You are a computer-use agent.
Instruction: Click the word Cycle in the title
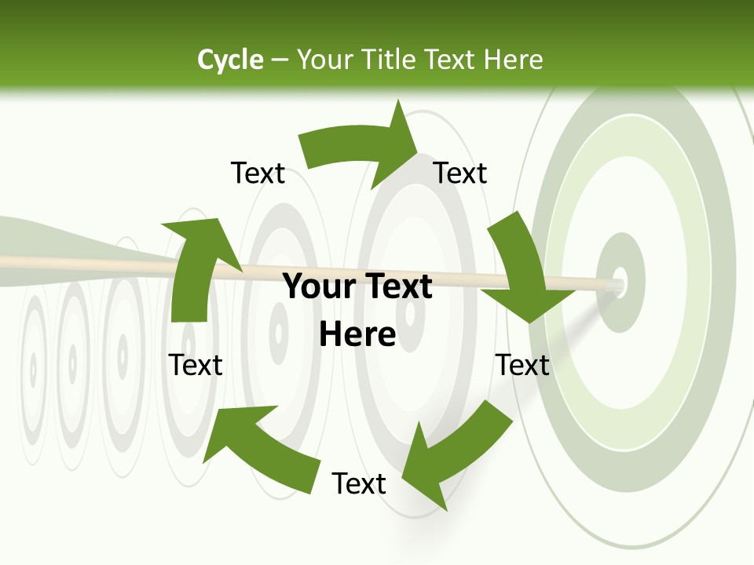[x=230, y=60]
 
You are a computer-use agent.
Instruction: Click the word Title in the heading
[x=390, y=60]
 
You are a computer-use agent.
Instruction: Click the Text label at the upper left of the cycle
[x=258, y=173]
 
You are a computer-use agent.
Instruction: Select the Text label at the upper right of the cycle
[x=460, y=173]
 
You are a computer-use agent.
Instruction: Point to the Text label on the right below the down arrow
[x=523, y=365]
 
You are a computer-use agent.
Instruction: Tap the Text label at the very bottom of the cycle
[x=359, y=483]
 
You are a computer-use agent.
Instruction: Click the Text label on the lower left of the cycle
[x=196, y=365]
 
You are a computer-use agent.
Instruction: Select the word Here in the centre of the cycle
[x=357, y=335]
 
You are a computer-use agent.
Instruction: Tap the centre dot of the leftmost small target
[x=33, y=367]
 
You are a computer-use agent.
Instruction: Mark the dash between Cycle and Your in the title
[x=280, y=60]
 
